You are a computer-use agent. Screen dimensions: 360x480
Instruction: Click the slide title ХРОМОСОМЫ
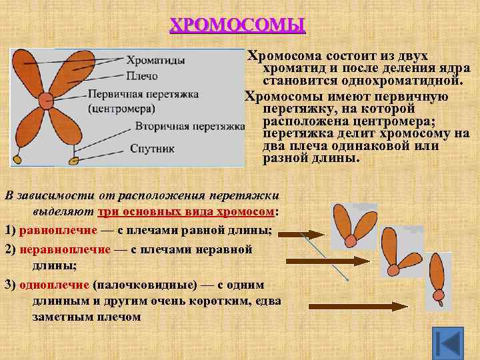click(237, 25)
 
